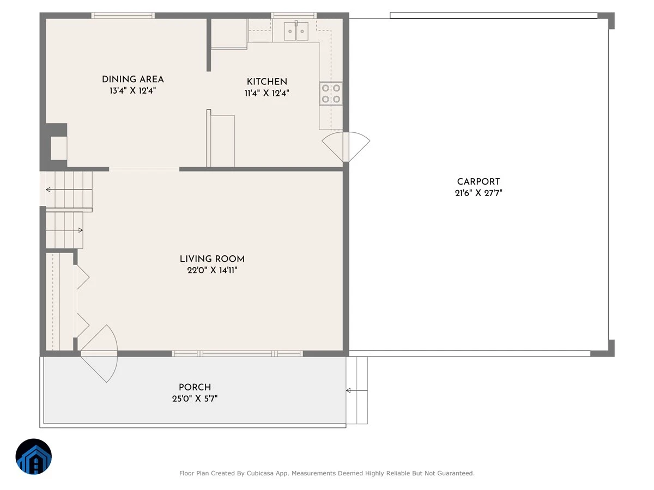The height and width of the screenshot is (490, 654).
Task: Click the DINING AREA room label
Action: (132, 79)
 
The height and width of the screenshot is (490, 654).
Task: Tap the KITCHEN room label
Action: (267, 82)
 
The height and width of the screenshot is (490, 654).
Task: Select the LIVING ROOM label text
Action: (212, 259)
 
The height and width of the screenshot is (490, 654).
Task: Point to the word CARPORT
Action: (478, 182)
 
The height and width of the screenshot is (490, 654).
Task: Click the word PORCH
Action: (195, 387)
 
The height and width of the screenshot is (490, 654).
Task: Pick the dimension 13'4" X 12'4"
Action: (132, 91)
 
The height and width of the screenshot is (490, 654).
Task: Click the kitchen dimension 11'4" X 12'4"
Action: (267, 93)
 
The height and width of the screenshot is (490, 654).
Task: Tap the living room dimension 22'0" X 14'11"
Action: (212, 271)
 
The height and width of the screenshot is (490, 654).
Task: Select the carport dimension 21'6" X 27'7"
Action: (479, 193)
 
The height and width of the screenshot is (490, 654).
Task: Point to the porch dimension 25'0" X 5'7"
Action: (195, 399)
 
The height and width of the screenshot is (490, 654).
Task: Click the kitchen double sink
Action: (296, 31)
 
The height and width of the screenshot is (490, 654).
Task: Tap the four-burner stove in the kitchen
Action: (331, 94)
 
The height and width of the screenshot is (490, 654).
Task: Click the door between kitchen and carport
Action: (346, 146)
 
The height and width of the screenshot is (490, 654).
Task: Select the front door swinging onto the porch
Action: (100, 353)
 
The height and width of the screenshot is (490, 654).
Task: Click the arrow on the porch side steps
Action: (356, 390)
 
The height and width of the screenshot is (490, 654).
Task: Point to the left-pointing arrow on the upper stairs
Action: (69, 189)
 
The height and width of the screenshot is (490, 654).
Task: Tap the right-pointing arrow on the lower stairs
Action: (64, 230)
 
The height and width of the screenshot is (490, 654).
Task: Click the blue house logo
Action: (34, 456)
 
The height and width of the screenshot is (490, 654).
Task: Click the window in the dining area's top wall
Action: (123, 15)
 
